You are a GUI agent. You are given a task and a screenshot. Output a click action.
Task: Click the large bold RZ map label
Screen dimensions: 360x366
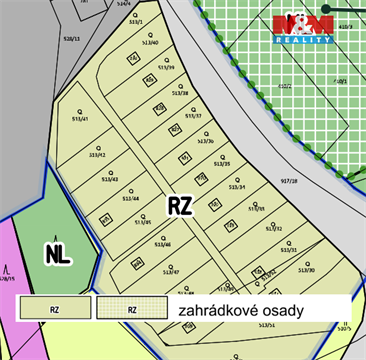[180, 206]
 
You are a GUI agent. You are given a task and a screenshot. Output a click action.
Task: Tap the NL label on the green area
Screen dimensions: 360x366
[59, 254]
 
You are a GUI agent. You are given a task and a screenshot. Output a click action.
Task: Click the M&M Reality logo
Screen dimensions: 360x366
[304, 28]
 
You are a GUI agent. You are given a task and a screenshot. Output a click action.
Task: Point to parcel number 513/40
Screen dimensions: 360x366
[151, 43]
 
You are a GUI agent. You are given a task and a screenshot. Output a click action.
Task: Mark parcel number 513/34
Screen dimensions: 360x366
[238, 187]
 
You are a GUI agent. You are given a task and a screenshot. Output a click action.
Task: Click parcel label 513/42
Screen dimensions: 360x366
[97, 155]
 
